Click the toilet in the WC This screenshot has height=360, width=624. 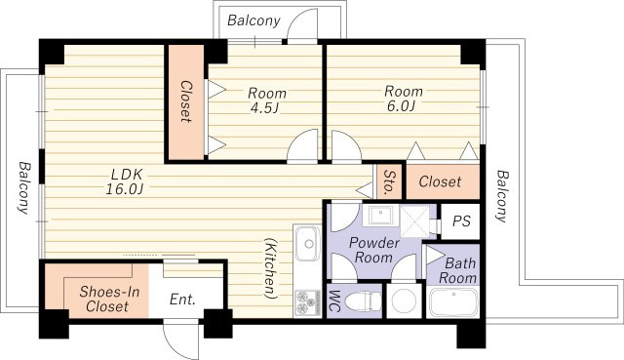point(363,300)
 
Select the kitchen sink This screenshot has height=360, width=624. point(308,243)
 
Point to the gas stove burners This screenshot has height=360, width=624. point(307,302)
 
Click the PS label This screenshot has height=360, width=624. point(461,220)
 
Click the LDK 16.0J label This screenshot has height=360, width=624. point(125,181)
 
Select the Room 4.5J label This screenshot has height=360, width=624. point(266,100)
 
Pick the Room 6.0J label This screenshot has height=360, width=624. point(403,99)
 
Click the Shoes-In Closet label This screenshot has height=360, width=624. point(108,299)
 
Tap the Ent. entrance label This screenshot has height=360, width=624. point(182,300)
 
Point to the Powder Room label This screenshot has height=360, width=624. point(373,250)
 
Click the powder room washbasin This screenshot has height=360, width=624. point(380,215)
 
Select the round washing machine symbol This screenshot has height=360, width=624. point(404,300)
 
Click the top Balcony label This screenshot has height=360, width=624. point(253,20)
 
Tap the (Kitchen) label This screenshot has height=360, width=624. point(271,268)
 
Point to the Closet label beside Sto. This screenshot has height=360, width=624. point(440,182)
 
